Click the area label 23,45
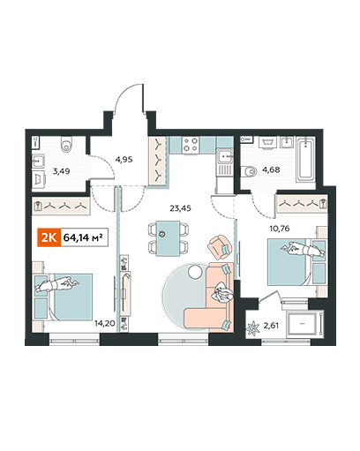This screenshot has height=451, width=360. point(180,208)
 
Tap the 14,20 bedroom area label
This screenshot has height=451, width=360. point(105,324)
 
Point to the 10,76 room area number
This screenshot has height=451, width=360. point(280,229)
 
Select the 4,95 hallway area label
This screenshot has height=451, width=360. point(124,160)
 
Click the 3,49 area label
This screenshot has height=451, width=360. point(61,171)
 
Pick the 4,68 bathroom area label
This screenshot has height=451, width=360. point(271,169)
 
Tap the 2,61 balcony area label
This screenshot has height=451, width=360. point(271,326)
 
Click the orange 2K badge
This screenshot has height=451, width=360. point(49,237)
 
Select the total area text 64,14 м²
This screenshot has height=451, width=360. point(83,237)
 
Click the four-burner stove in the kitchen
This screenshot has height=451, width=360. point(191,145)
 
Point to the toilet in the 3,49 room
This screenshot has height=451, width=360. point(66,144)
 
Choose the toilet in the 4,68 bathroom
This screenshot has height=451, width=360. point(248,171)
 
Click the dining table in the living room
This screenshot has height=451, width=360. point(168,238)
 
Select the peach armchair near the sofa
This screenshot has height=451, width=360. point(219,247)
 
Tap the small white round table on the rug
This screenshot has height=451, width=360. point(194,272)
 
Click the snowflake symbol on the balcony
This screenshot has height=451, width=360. point(252,328)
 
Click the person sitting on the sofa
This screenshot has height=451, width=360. point(223,293)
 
